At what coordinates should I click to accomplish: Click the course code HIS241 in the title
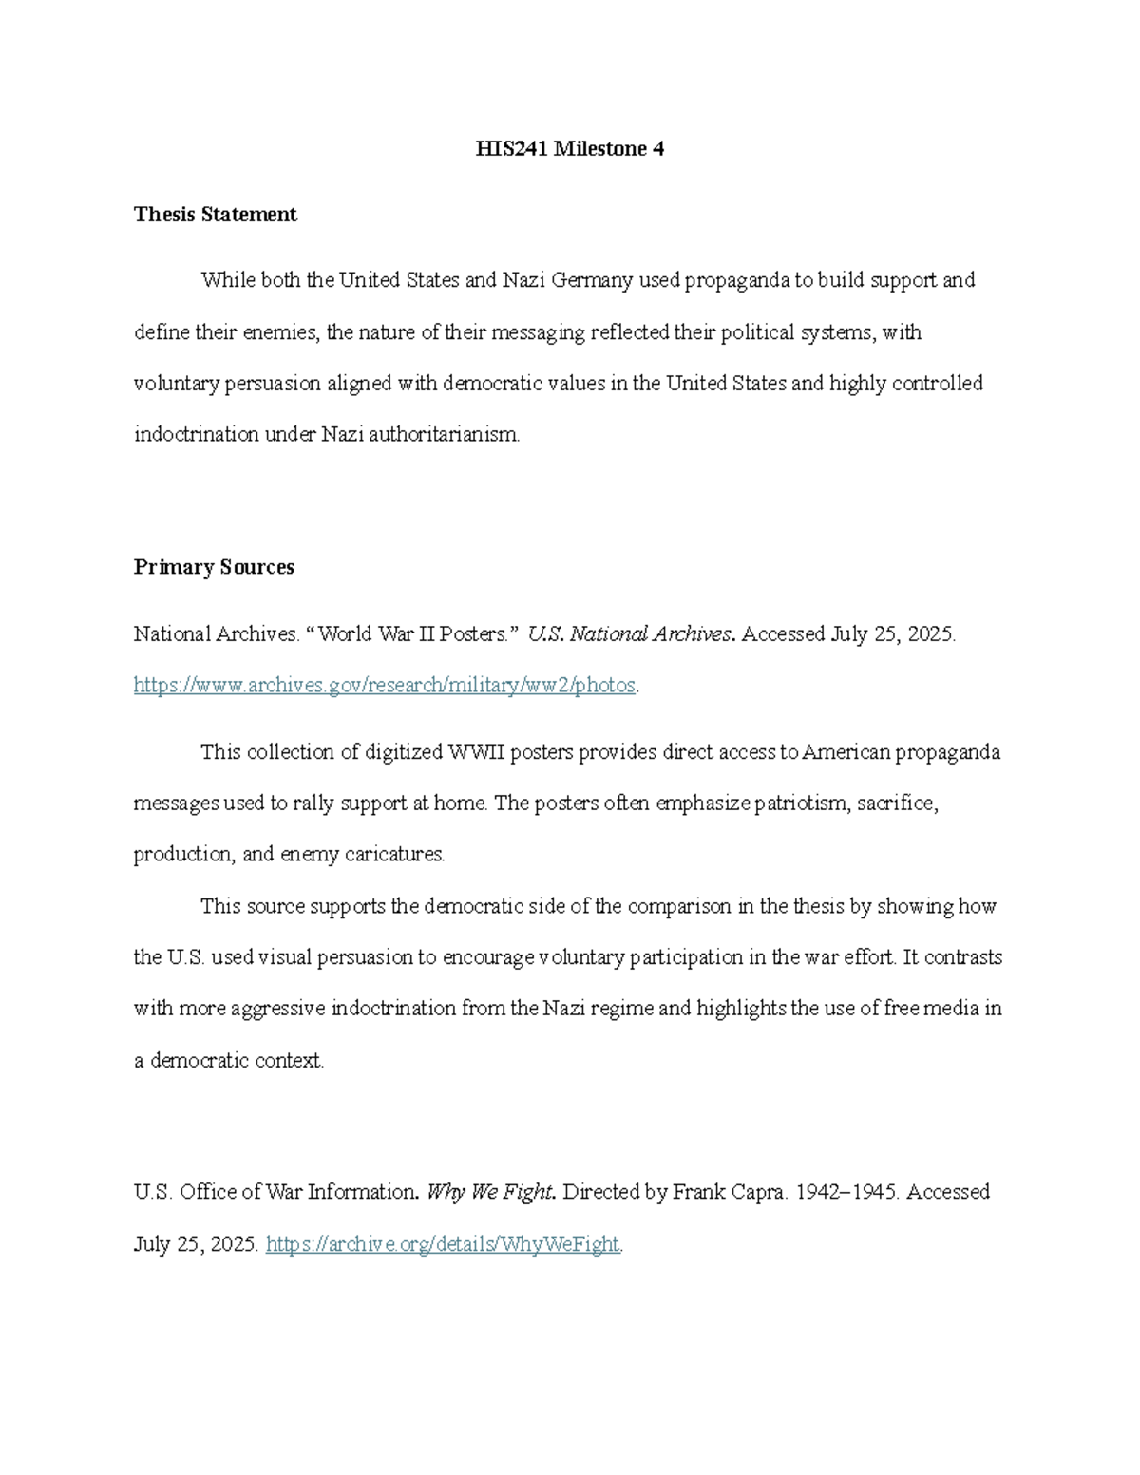pyautogui.click(x=510, y=149)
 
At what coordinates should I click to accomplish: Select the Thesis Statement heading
pyautogui.click(x=215, y=215)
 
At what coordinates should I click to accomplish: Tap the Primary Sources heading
pyautogui.click(x=214, y=567)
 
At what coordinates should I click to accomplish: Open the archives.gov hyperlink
pyautogui.click(x=385, y=685)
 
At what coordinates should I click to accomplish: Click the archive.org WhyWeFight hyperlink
pyautogui.click(x=443, y=1244)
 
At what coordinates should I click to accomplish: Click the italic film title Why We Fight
pyautogui.click(x=490, y=1192)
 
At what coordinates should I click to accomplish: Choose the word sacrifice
pyautogui.click(x=898, y=804)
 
